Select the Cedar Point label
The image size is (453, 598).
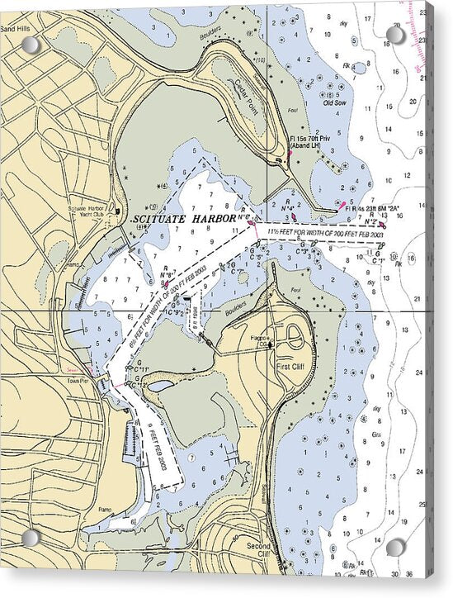(x=245, y=89)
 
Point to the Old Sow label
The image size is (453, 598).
(x=334, y=103)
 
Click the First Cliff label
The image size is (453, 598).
(x=291, y=366)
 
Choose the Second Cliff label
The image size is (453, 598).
(x=258, y=551)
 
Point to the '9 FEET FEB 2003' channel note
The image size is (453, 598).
(x=162, y=446)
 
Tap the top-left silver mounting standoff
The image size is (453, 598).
(x=31, y=45)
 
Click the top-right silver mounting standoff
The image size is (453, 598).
(x=396, y=35)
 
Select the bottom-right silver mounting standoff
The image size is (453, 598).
(x=396, y=548)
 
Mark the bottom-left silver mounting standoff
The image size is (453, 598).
(x=31, y=539)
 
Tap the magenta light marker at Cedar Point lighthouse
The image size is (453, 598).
(x=290, y=153)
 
